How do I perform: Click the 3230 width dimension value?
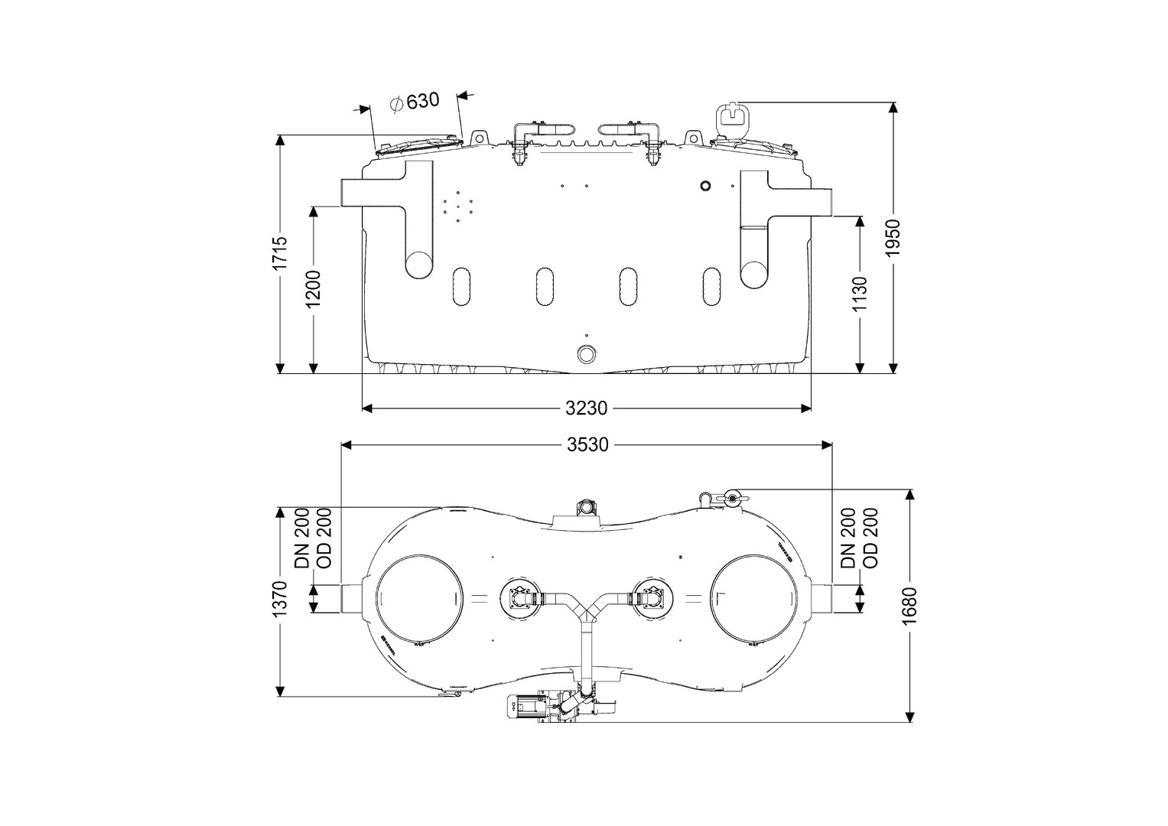pyautogui.click(x=587, y=408)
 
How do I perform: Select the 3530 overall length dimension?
pyautogui.click(x=587, y=444)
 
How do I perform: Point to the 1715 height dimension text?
pyautogui.click(x=280, y=252)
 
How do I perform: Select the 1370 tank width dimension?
pyautogui.click(x=280, y=600)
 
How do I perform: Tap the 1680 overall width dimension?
pyautogui.click(x=909, y=606)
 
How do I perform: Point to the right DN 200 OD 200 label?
pyautogui.click(x=860, y=538)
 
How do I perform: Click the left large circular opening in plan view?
pyautogui.click(x=418, y=599)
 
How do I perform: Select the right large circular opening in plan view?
pyautogui.click(x=756, y=599)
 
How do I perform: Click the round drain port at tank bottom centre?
pyautogui.click(x=587, y=354)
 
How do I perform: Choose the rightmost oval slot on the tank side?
pyautogui.click(x=712, y=286)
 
